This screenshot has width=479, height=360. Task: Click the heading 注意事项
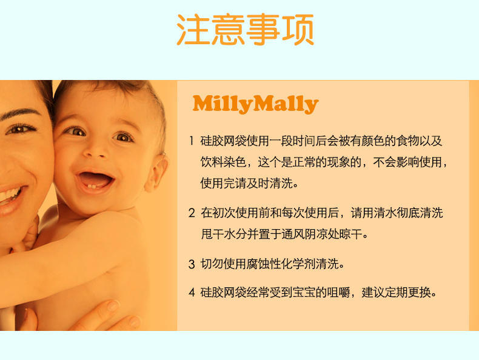click(246, 30)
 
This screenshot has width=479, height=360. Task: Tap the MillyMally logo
click(255, 104)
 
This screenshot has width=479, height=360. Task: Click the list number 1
click(192, 141)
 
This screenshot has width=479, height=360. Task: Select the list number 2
click(192, 213)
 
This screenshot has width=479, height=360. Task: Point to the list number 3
click(192, 264)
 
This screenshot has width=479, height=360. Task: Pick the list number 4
click(192, 293)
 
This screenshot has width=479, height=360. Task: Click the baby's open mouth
click(96, 180)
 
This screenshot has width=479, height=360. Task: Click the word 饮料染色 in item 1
click(223, 162)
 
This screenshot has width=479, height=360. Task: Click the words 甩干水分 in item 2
click(223, 234)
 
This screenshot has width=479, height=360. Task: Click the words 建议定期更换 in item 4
click(396, 293)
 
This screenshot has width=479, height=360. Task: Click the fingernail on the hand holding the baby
click(113, 305)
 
